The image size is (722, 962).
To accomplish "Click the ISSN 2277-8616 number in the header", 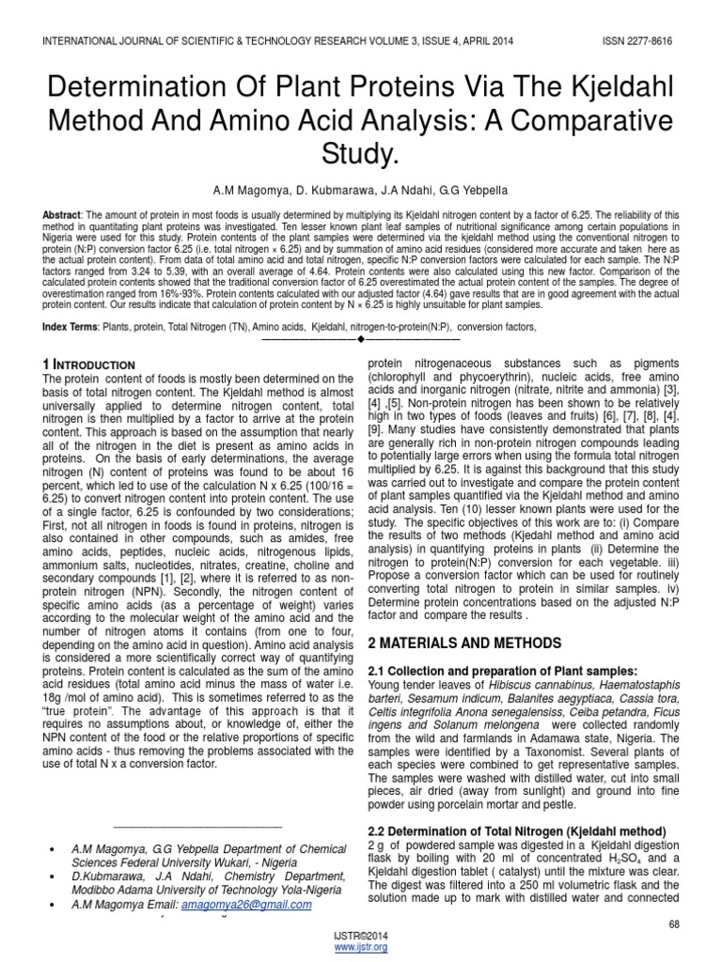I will (638, 42).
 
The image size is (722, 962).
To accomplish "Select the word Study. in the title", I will (361, 153).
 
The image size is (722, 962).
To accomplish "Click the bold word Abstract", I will (61, 215).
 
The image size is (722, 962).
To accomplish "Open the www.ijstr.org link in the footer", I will (361, 948).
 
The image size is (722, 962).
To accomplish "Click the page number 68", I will (674, 924).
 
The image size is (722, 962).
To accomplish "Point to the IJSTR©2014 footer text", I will (361, 936).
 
